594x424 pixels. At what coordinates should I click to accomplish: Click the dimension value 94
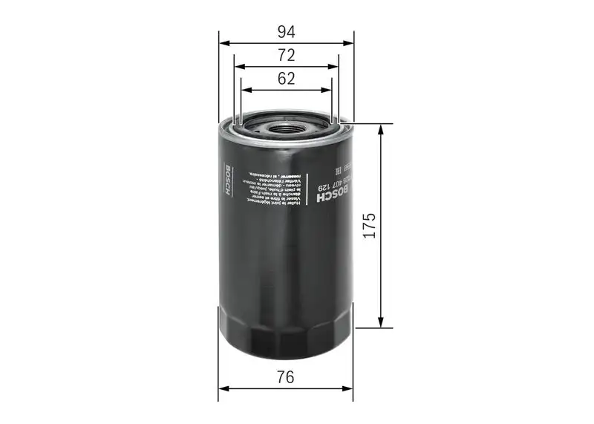tap(287, 31)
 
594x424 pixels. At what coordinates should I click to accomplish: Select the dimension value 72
tap(287, 55)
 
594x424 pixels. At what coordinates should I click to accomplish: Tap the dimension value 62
tap(287, 78)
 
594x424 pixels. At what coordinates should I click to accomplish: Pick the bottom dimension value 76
tap(287, 376)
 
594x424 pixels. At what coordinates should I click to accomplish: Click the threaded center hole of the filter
tap(287, 127)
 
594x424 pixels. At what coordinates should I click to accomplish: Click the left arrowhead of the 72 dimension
tap(236, 66)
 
